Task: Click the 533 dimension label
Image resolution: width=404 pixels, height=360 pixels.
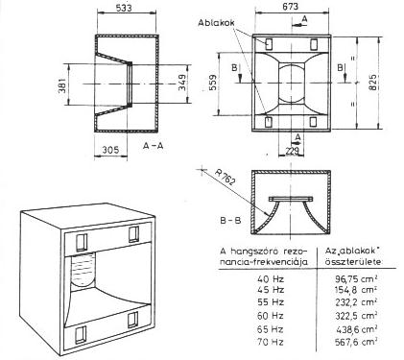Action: (124, 8)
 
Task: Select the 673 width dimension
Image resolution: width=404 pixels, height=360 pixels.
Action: (291, 6)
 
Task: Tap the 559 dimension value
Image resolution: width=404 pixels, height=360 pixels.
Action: (212, 83)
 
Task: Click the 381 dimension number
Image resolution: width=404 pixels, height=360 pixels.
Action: (61, 85)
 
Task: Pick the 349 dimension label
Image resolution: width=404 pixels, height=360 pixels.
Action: (181, 83)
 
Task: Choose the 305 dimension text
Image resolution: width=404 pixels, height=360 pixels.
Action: (110, 150)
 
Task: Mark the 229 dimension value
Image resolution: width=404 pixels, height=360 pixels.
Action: (292, 151)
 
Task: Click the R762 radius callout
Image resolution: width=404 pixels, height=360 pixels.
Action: (226, 177)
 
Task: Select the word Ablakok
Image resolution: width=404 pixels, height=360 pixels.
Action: (216, 23)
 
